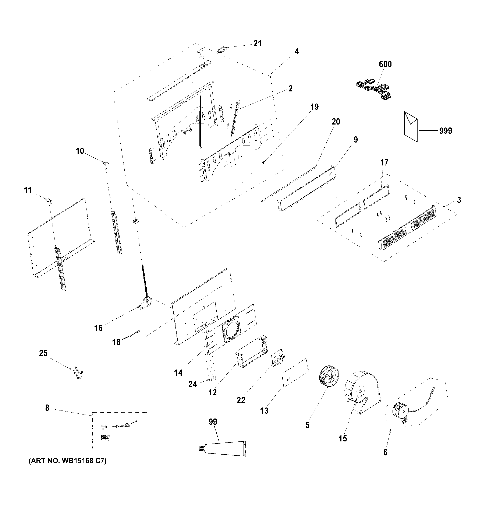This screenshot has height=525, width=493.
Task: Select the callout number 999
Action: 446,131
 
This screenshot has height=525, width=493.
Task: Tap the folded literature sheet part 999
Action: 411,126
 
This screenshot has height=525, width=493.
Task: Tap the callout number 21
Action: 257,43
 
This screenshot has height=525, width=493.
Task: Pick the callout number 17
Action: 384,163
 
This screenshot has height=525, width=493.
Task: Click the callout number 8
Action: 47,408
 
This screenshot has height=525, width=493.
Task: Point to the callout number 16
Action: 98,328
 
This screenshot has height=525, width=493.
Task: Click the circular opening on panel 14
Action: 231,329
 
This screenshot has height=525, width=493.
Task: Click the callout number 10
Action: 80,151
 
